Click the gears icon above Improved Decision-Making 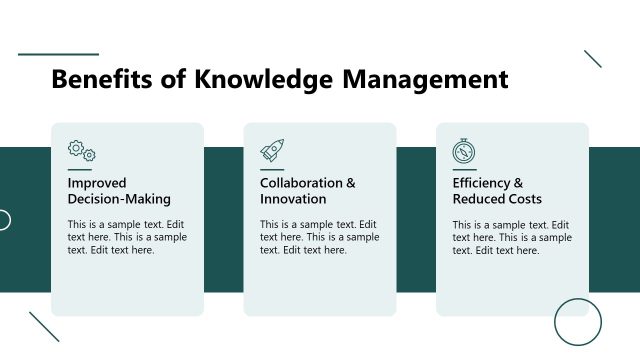click(82, 151)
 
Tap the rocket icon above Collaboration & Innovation click(272, 151)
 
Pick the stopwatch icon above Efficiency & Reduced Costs click(464, 151)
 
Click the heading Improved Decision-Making click(119, 191)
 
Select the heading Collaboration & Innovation click(307, 191)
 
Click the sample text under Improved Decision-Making click(127, 237)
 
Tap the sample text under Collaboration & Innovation click(319, 237)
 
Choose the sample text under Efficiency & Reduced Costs click(511, 237)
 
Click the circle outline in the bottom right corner click(578, 322)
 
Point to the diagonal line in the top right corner click(593, 59)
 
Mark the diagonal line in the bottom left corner click(44, 327)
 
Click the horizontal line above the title click(58, 54)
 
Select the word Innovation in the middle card click(293, 199)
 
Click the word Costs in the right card click(524, 199)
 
